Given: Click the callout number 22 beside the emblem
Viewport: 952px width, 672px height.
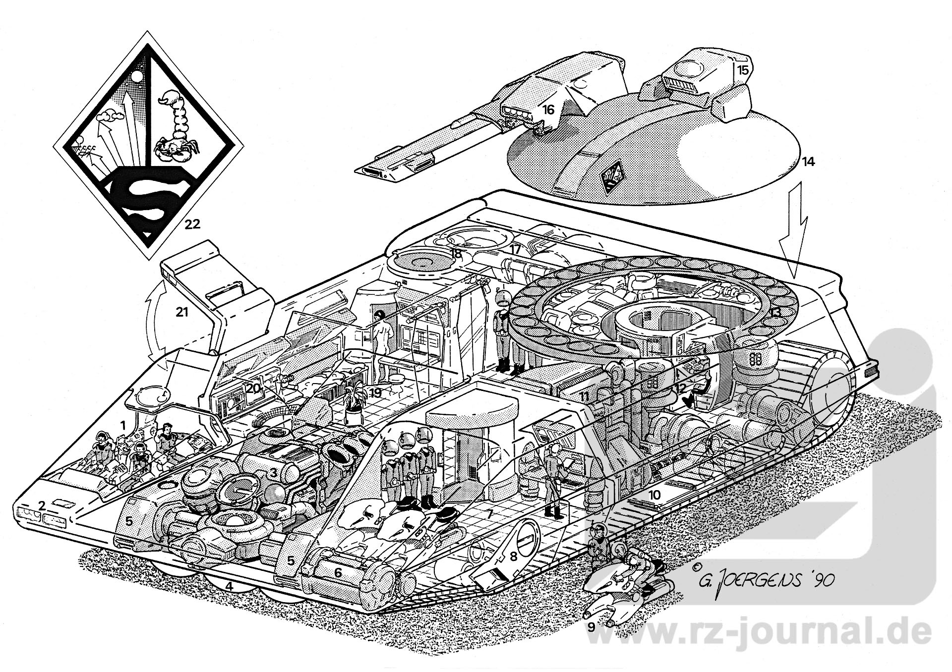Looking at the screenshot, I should pos(192,224).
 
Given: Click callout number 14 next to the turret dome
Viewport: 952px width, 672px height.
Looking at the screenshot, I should pos(809,161).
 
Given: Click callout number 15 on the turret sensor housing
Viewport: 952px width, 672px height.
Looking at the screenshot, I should pos(742,70).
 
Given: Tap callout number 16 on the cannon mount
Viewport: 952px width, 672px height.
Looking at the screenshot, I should pos(548,110).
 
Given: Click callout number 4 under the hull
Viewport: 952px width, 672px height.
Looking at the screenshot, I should pos(229,586).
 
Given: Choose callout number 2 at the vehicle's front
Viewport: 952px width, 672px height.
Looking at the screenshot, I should pos(42,506).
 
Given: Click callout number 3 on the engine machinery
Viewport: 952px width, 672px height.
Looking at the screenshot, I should pos(273,473).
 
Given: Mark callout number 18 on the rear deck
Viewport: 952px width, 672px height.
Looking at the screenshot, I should pos(455,253).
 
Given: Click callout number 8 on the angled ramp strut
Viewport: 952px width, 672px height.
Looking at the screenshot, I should pos(514,556).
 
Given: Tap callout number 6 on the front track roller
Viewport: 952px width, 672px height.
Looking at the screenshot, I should pos(338,573).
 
